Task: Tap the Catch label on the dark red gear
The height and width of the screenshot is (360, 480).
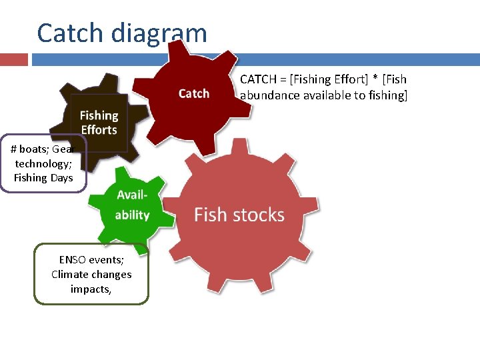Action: (194, 93)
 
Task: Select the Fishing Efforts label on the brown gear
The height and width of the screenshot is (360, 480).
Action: (99, 123)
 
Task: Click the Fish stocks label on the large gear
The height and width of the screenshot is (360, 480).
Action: (239, 215)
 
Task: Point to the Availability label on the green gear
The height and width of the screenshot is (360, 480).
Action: (132, 205)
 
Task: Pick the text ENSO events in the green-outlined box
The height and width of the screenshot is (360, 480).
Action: (91, 260)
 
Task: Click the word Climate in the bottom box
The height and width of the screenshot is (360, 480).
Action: (70, 274)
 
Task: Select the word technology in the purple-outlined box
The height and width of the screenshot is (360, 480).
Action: (43, 163)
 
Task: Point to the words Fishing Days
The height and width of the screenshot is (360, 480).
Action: (43, 177)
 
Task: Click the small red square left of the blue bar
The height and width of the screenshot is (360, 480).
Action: (14, 60)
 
